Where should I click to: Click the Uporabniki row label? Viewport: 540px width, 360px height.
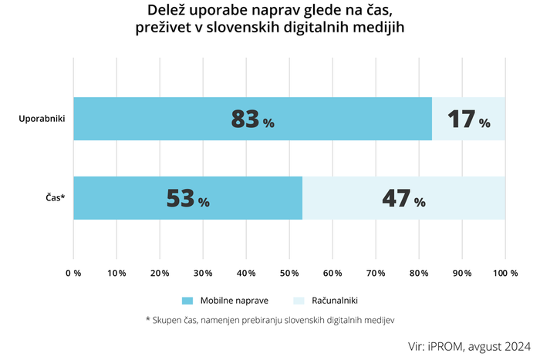(41, 119)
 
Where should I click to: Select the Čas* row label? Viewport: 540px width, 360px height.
(53, 198)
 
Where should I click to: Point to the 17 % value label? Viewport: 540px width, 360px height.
(468, 119)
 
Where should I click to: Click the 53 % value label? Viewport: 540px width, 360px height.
(187, 198)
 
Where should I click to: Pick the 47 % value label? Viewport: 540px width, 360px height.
(403, 198)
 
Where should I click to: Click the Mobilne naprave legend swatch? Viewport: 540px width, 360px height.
(188, 300)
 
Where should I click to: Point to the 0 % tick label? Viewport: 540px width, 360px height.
(73, 273)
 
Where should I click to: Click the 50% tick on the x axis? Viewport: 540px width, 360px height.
(289, 273)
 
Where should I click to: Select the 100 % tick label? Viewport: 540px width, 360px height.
(505, 273)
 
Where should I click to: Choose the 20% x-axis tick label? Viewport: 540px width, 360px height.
(160, 273)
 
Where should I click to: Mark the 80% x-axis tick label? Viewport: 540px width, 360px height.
(419, 273)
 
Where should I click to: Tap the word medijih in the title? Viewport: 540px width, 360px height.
(376, 28)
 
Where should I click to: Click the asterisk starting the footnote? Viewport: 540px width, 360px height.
(147, 318)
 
